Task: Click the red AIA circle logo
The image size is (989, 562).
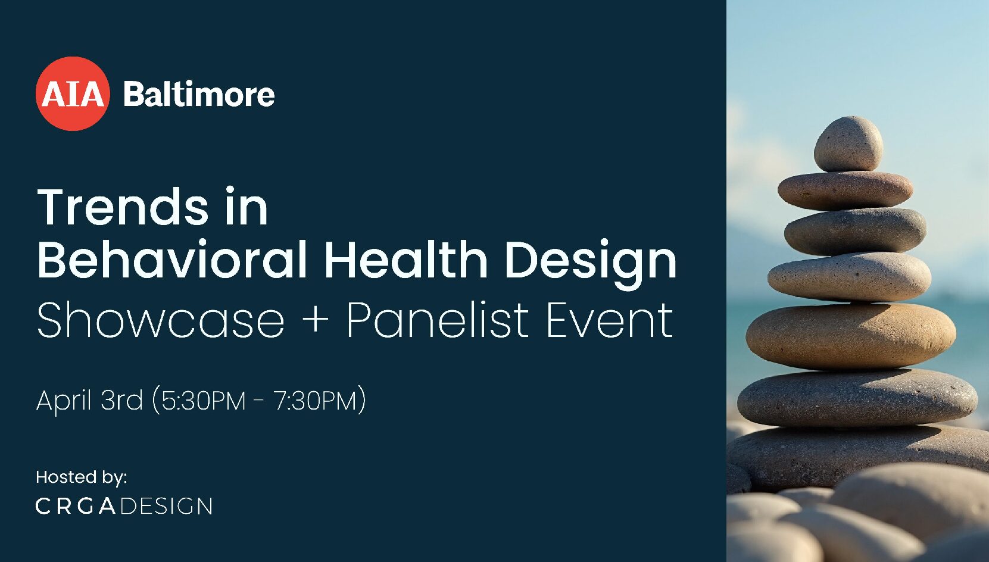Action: click(73, 93)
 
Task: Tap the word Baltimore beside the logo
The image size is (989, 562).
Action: click(199, 93)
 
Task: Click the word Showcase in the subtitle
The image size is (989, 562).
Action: click(161, 320)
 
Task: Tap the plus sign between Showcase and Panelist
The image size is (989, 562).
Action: click(316, 320)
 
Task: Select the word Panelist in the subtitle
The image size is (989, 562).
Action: click(438, 320)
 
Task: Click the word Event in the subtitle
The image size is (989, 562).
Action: click(610, 320)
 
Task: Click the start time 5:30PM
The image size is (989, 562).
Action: click(204, 401)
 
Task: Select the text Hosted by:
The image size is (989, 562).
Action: click(82, 477)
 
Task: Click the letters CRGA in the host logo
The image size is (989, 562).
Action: click(76, 506)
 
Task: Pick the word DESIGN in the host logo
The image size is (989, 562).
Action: click(167, 506)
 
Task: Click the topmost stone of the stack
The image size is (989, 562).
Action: click(848, 144)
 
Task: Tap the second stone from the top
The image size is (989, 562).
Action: click(846, 191)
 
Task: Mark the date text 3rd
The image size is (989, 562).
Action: click(122, 400)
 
